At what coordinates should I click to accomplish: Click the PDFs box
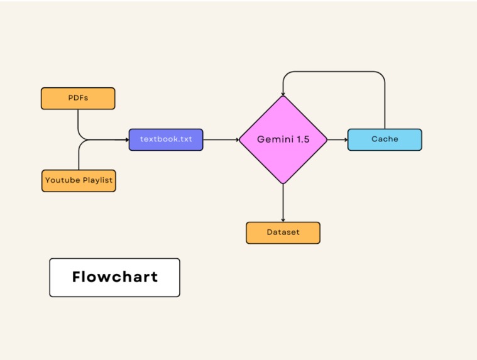(x=78, y=98)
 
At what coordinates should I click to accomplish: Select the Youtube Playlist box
(x=79, y=180)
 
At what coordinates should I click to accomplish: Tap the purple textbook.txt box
(x=166, y=139)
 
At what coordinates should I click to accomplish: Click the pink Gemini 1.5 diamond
(x=283, y=139)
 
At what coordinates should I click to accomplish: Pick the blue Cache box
(x=385, y=139)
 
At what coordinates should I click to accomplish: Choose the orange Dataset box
(x=283, y=232)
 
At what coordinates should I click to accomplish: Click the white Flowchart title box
(x=114, y=277)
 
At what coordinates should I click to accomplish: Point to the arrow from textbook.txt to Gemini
(x=221, y=139)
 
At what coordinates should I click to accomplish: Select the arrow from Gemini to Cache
(x=337, y=139)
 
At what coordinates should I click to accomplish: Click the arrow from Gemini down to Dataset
(x=283, y=202)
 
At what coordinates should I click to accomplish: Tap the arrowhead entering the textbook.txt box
(x=126, y=139)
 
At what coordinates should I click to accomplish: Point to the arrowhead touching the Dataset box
(x=283, y=219)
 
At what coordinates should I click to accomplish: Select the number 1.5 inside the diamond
(x=300, y=139)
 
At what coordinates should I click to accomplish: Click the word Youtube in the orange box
(x=63, y=180)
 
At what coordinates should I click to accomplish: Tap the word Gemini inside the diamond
(x=274, y=139)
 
